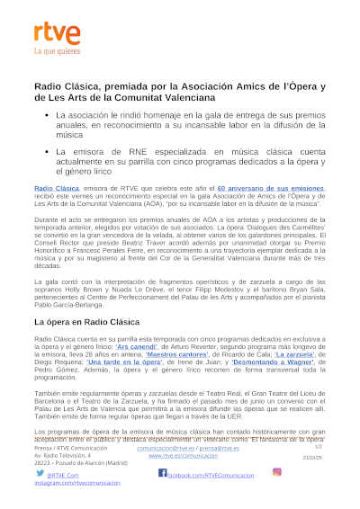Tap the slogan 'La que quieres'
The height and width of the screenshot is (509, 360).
point(50,52)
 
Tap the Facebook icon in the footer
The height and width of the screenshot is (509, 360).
point(163,472)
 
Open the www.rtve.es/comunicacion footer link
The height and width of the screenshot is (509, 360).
point(183,456)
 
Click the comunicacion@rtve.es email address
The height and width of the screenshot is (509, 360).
point(171,447)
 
